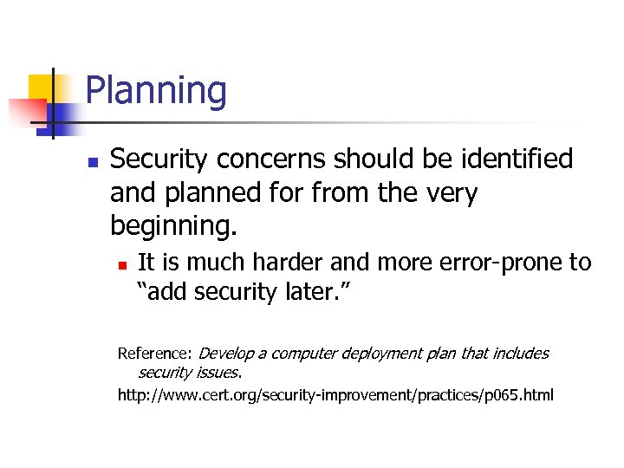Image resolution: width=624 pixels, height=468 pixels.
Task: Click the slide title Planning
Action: pyautogui.click(x=156, y=91)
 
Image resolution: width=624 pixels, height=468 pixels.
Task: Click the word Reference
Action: pyautogui.click(x=154, y=354)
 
